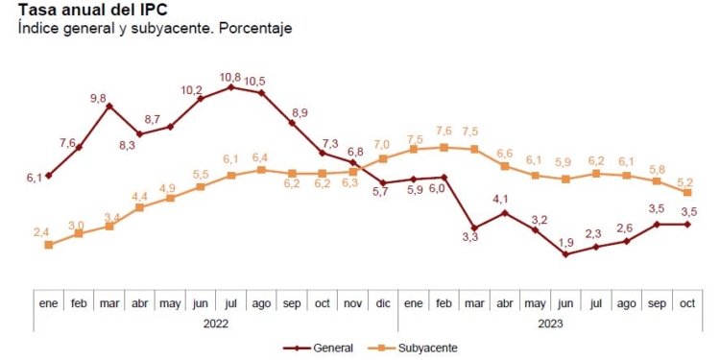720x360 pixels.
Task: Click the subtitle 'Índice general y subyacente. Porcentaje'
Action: (x=155, y=29)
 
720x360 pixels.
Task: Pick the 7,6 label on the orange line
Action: (x=444, y=132)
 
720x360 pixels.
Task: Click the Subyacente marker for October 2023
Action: (x=687, y=193)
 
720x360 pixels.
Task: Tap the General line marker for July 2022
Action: (x=231, y=87)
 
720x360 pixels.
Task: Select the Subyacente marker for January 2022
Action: (x=48, y=245)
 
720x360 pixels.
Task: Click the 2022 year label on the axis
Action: (x=215, y=324)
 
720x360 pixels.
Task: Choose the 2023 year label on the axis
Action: (x=550, y=324)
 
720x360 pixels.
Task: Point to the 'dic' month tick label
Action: (x=383, y=302)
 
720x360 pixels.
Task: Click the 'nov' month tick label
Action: (x=352, y=302)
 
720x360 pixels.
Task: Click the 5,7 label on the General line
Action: (x=382, y=194)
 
